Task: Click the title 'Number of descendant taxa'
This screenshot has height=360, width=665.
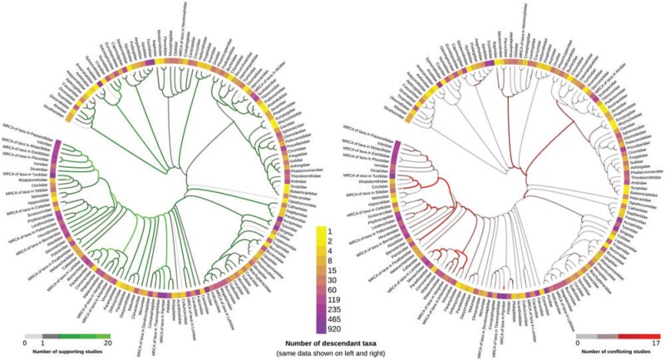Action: tap(332, 343)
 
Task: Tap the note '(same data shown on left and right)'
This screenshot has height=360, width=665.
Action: tap(332, 354)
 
